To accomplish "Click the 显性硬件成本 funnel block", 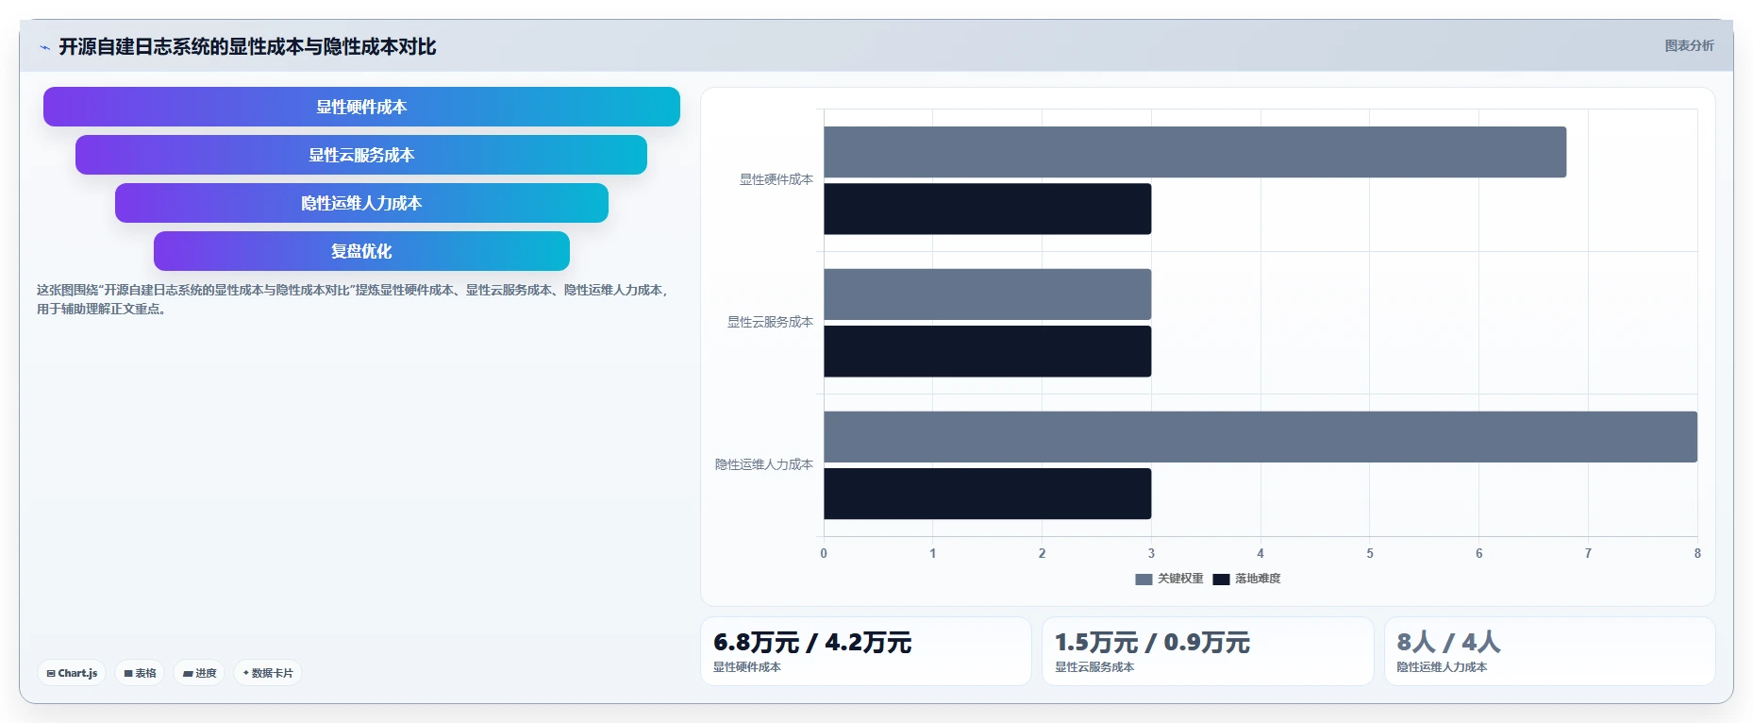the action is [x=361, y=107].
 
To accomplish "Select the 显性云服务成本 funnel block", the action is [x=361, y=155].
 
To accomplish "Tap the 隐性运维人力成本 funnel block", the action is [x=361, y=203].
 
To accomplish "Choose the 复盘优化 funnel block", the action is [x=361, y=251].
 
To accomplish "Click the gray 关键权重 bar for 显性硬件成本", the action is [x=1194, y=152].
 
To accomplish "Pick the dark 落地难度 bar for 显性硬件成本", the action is [x=987, y=209].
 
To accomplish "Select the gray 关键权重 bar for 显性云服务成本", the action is [x=987, y=294].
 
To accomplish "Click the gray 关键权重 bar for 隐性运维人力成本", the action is [x=1260, y=437].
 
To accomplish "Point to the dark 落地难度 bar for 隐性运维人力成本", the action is [x=987, y=494].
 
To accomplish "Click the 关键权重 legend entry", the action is [x=1169, y=579].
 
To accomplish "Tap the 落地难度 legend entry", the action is [x=1246, y=579].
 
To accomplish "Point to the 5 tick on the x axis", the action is [x=1370, y=553].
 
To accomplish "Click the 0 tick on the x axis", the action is [x=824, y=553].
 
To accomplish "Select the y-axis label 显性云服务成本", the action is [x=770, y=322].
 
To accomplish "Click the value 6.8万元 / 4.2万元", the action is [x=812, y=643].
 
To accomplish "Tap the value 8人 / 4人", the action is [x=1448, y=643].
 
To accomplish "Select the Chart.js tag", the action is [x=72, y=673].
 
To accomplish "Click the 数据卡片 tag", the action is [x=268, y=673].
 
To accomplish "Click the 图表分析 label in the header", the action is [x=1689, y=45].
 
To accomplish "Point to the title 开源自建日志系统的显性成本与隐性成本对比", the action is [x=247, y=46].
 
